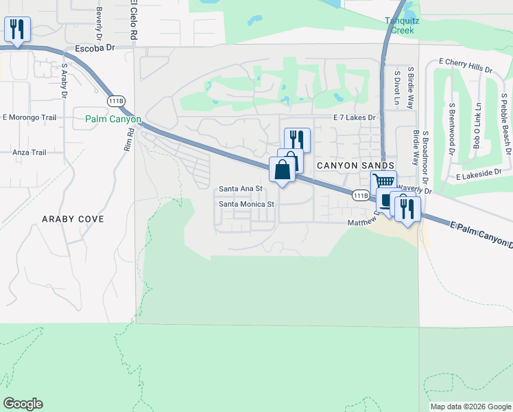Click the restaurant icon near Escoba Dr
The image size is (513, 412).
pos(16,30)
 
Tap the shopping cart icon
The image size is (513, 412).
pos(383,182)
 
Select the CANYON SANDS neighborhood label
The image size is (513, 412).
pos(355,165)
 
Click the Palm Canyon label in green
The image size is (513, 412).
pos(113,119)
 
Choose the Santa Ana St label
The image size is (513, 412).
pos(241,189)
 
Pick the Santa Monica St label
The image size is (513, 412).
pos(246,204)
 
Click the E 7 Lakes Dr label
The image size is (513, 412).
pos(355,118)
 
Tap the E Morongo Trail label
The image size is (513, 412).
pos(29,117)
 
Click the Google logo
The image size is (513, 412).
pos(23,404)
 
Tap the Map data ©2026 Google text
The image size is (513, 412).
pos(470,407)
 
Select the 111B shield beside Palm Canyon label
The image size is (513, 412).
pos(117,100)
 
